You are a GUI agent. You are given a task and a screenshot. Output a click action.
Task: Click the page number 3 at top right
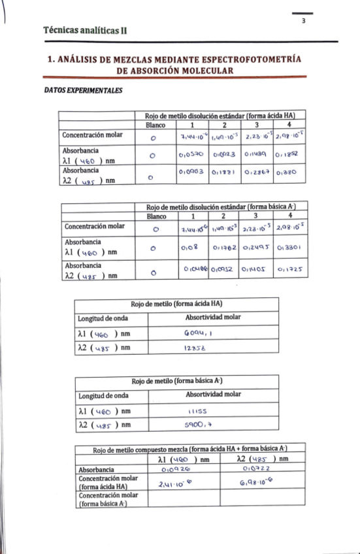click(304, 21)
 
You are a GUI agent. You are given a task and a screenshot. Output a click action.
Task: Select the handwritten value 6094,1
click(195, 333)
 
